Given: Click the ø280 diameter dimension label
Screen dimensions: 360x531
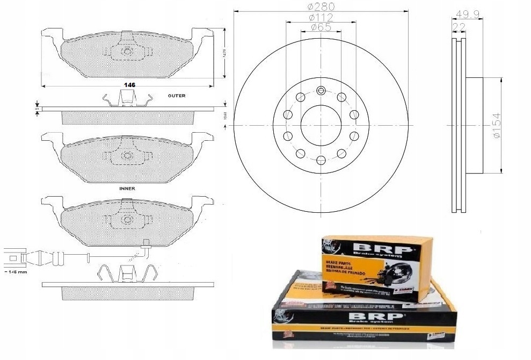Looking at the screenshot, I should pos(321,7).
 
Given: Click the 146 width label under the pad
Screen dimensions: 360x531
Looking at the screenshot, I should pos(129,85).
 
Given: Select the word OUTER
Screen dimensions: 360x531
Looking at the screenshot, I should pos(176,96).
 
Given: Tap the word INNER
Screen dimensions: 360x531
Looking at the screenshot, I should pos(127,189).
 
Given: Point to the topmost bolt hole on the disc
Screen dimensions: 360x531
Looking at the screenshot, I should pos(321,91).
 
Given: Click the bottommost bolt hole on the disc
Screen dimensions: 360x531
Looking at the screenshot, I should pos(321,160).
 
